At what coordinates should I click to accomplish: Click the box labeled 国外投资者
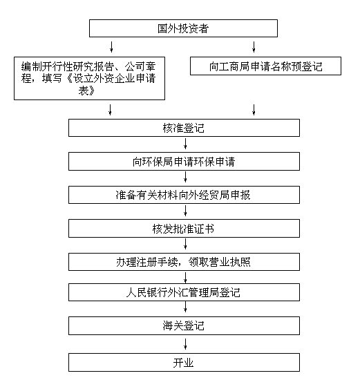pos(183,28)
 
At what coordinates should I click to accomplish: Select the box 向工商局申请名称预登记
pos(265,66)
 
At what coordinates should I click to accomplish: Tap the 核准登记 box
pos(184,128)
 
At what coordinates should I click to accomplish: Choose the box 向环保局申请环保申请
pos(184,162)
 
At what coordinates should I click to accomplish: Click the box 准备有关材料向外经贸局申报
pos(184,195)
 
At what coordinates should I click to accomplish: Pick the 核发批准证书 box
pos(184,228)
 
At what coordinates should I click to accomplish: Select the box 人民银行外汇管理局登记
pos(184,292)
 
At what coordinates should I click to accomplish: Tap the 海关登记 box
pos(184,325)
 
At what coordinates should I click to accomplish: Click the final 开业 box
pos(184,363)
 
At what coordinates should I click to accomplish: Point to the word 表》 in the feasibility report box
pos(86,91)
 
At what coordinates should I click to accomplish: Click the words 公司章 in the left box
pos(140,66)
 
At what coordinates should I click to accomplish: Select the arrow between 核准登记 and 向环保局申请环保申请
pos(185,144)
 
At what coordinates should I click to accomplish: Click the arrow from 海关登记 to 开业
pos(185,344)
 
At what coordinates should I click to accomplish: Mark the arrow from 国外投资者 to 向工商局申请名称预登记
pos(254,47)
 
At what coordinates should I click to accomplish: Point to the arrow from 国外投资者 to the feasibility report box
pos(111,47)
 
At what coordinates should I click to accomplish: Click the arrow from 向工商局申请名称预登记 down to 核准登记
pos(254,110)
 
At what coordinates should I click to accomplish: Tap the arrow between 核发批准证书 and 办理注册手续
pos(185,244)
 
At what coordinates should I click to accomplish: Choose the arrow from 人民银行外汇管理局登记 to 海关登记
pos(185,307)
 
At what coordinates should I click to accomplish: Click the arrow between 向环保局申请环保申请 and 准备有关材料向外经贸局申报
pos(185,177)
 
